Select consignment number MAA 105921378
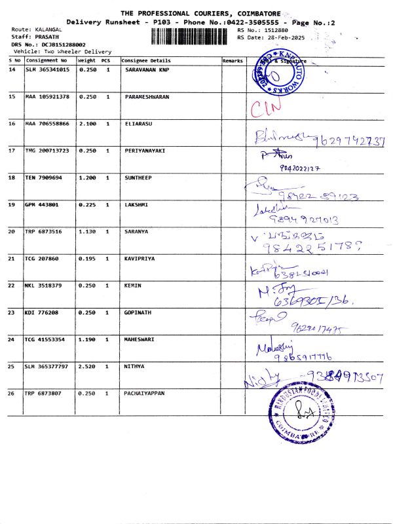[x=47, y=96]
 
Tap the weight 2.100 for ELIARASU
[x=87, y=123]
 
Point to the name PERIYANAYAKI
[x=145, y=150]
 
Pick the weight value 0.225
[x=87, y=204]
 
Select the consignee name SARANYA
[x=138, y=231]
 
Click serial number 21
[x=12, y=259]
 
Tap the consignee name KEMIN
[x=133, y=286]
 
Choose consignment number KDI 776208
[x=43, y=312]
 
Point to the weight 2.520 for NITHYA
[x=87, y=367]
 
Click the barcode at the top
[x=192, y=35]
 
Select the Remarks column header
[x=233, y=60]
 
